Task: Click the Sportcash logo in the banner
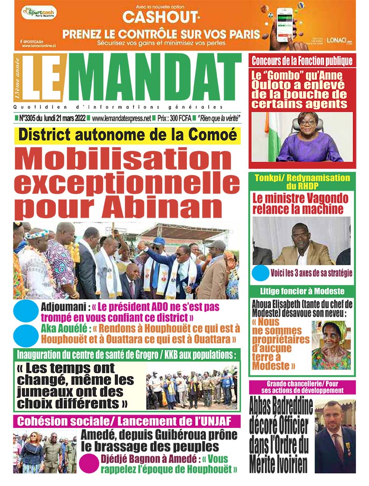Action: pyautogui.click(x=39, y=12)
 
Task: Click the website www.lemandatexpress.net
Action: pyautogui.click(x=122, y=119)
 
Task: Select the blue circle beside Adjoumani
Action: pyautogui.click(x=26, y=311)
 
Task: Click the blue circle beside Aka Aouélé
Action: pyautogui.click(x=26, y=335)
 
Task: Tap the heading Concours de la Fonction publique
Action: pyautogui.click(x=302, y=60)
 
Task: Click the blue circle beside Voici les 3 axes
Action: pyautogui.click(x=261, y=272)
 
